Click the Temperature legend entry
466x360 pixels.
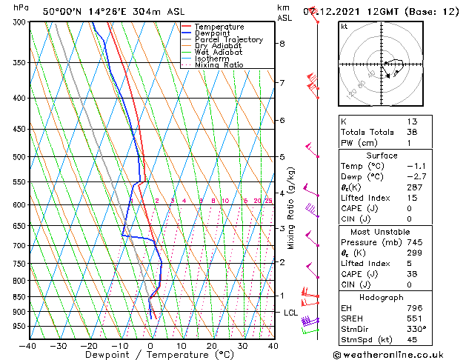pos(220,27)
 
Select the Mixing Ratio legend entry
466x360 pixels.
pos(219,65)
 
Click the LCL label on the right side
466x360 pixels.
pos(291,313)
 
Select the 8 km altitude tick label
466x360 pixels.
pos(282,43)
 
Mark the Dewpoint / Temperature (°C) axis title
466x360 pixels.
pos(150,355)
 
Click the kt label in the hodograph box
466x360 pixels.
pos(344,26)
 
